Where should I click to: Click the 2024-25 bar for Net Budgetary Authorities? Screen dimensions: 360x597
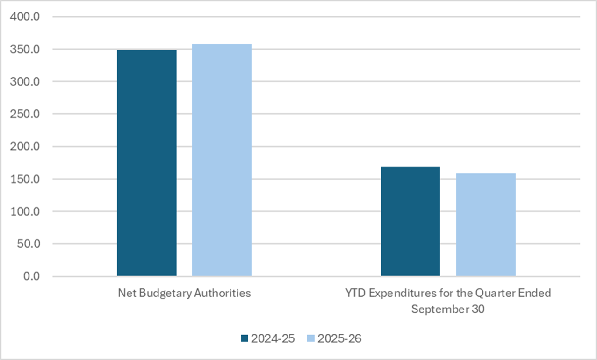point(147,163)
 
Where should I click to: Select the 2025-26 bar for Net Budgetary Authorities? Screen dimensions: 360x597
point(222,160)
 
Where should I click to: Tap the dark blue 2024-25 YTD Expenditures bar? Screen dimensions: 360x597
point(410,221)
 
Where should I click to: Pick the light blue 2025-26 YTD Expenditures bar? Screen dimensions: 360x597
point(486,224)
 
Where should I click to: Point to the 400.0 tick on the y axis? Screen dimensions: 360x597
point(26,17)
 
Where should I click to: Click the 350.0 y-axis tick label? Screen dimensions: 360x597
point(26,49)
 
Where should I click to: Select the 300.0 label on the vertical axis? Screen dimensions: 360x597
point(26,82)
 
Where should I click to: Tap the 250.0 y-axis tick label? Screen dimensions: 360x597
point(26,114)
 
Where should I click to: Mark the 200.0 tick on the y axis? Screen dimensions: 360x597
point(26,147)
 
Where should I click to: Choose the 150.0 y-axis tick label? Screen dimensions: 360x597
point(26,179)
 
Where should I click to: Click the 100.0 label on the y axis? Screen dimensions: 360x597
point(26,211)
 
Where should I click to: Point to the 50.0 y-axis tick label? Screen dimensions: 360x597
point(29,244)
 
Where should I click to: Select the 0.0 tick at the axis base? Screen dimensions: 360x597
point(31,276)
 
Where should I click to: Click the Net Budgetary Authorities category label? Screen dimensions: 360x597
point(184,294)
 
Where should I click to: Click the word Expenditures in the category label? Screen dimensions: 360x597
point(397,294)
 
